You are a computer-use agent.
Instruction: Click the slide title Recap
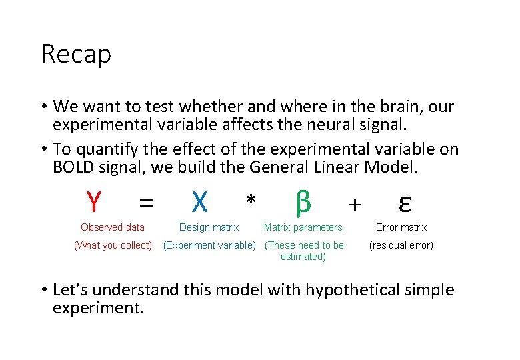[x=76, y=55]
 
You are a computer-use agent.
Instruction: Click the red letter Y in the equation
[x=94, y=200]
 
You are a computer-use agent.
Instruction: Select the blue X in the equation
[x=199, y=200]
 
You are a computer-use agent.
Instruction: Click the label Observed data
[x=113, y=227]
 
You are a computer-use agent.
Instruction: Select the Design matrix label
[x=209, y=227]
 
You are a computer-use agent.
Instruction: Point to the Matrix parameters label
[x=303, y=227]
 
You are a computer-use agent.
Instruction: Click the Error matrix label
[x=401, y=227]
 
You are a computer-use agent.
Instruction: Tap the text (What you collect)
[x=113, y=245]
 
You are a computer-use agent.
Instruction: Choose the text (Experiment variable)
[x=209, y=245]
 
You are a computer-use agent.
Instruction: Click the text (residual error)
[x=401, y=245]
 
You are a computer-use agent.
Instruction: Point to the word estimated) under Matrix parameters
[x=303, y=257]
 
